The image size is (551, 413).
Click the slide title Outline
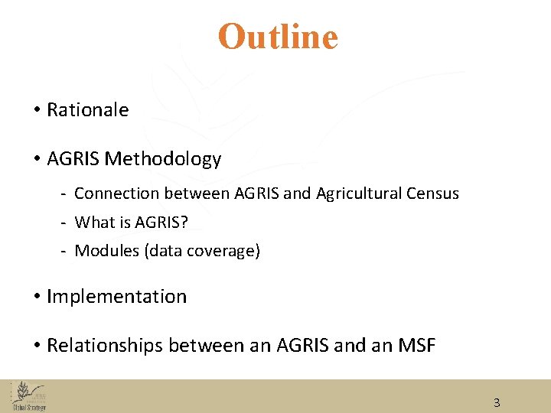click(x=278, y=37)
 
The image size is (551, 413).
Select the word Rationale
click(x=87, y=110)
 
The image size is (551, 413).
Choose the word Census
click(x=435, y=193)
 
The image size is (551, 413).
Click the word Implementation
click(x=116, y=297)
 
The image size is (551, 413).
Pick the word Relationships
click(x=105, y=346)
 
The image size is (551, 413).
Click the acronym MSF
click(x=417, y=346)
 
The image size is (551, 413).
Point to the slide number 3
click(x=497, y=403)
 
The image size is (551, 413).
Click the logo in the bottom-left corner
click(x=28, y=396)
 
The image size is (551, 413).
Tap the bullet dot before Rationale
click(x=37, y=110)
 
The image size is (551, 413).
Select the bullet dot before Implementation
click(x=37, y=297)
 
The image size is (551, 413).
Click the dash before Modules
click(x=66, y=251)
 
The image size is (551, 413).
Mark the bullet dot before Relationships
click(x=37, y=346)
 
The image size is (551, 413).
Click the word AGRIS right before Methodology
click(x=73, y=159)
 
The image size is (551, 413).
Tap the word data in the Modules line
click(x=165, y=251)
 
